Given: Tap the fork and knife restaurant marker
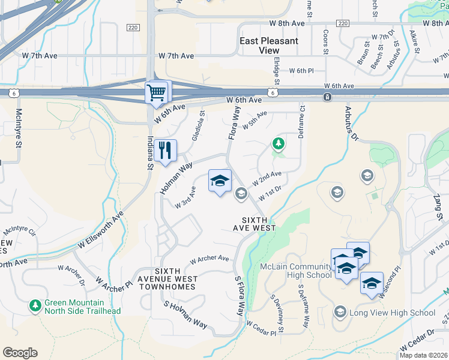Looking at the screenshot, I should (x=165, y=150).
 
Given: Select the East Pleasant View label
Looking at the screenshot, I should (x=268, y=46).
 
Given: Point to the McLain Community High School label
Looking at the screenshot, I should (x=295, y=271).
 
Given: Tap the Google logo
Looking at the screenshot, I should (x=20, y=353).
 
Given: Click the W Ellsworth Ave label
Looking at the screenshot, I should (x=100, y=230).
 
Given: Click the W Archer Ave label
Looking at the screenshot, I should (x=209, y=259).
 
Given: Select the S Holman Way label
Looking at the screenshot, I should (x=185, y=316).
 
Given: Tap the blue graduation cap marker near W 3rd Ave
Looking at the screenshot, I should (x=220, y=181).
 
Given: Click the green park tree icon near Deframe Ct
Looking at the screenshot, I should (x=278, y=143).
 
